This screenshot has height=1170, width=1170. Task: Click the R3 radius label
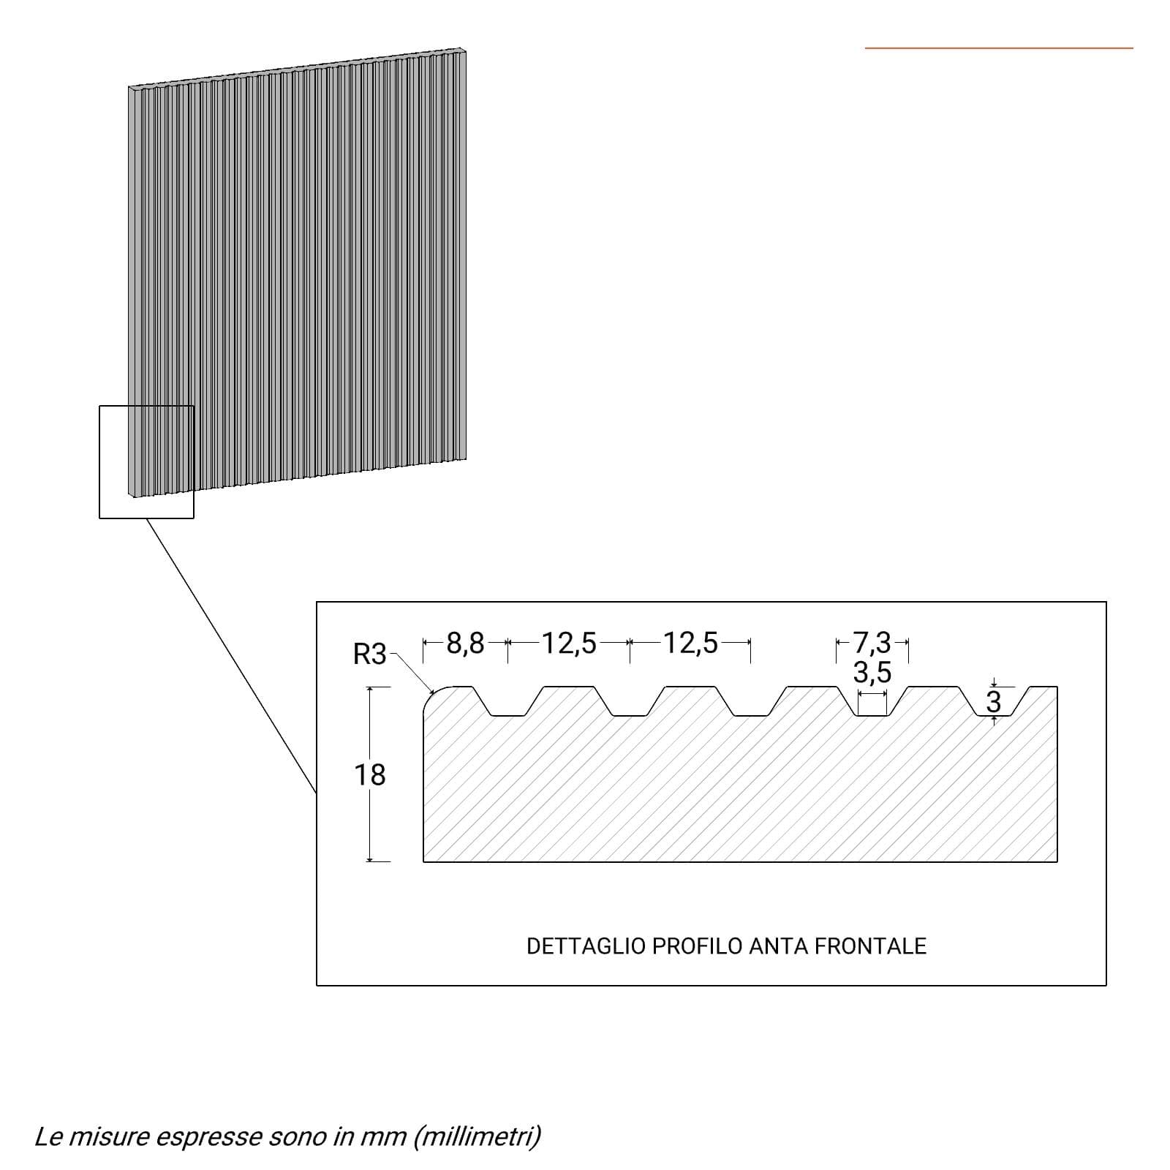[369, 654]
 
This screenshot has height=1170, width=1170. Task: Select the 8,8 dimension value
[465, 643]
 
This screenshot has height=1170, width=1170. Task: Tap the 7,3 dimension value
[872, 643]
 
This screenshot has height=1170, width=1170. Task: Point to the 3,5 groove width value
[872, 672]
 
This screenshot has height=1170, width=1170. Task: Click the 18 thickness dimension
[369, 774]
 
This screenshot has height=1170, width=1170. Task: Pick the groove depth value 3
[993, 703]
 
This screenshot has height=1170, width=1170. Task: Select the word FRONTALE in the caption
[870, 946]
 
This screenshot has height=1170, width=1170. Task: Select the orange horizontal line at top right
[999, 48]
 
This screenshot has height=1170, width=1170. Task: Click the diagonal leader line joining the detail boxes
[231, 656]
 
